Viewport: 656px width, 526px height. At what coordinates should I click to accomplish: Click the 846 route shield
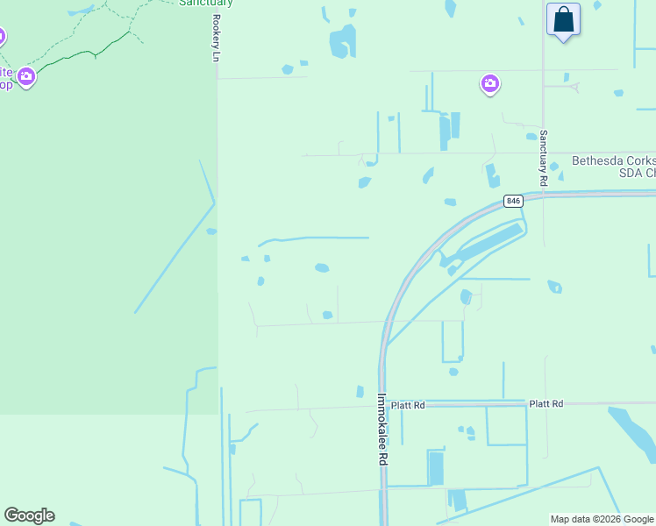coord(514,202)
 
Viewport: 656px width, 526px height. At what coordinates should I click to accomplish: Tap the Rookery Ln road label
coord(215,37)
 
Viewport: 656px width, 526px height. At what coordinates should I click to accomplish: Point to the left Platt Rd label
coord(408,405)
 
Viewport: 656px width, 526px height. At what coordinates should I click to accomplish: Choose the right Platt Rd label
coord(545,403)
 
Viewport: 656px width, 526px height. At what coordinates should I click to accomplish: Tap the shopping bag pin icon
coord(563,20)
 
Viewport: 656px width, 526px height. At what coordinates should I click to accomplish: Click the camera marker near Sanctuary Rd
coord(489,84)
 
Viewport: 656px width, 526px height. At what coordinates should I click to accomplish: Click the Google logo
coord(29,515)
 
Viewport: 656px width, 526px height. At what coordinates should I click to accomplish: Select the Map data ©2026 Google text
coord(602,519)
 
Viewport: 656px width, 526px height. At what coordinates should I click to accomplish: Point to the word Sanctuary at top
coord(205,3)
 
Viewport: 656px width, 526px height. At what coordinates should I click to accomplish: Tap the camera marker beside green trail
coord(26,77)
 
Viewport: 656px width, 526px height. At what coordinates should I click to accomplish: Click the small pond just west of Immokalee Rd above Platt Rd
coord(360,391)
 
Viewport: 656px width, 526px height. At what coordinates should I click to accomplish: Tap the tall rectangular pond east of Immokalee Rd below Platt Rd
coord(435,467)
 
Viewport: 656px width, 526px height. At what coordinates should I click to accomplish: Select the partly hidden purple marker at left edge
coord(2,38)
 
